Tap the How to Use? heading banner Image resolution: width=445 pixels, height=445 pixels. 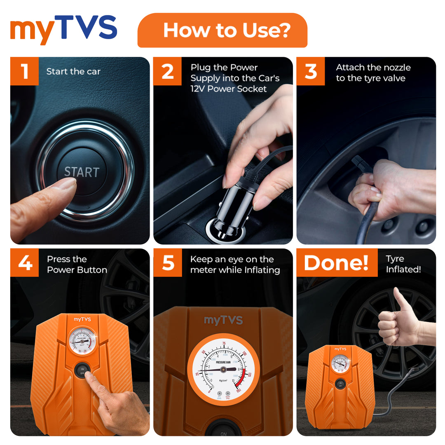coord(222,30)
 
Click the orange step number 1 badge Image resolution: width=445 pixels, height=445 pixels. coord(24,71)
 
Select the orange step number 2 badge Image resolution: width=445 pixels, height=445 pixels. coord(167,71)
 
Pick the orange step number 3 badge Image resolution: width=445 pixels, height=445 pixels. coord(311,71)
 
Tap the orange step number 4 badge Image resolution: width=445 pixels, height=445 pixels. coord(24,263)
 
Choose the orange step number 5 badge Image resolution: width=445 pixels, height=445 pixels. coord(167,263)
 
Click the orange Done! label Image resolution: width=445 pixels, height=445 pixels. coord(337,263)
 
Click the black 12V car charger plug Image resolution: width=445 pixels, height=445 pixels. coord(236,208)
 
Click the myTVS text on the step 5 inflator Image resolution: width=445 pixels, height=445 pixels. coord(223,320)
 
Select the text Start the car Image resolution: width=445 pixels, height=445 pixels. coord(73,71)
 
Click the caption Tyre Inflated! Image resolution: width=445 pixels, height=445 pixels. coord(403,264)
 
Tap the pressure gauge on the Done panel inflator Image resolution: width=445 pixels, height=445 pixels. coord(340,363)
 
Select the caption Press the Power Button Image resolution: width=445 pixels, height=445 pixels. coord(77,265)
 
